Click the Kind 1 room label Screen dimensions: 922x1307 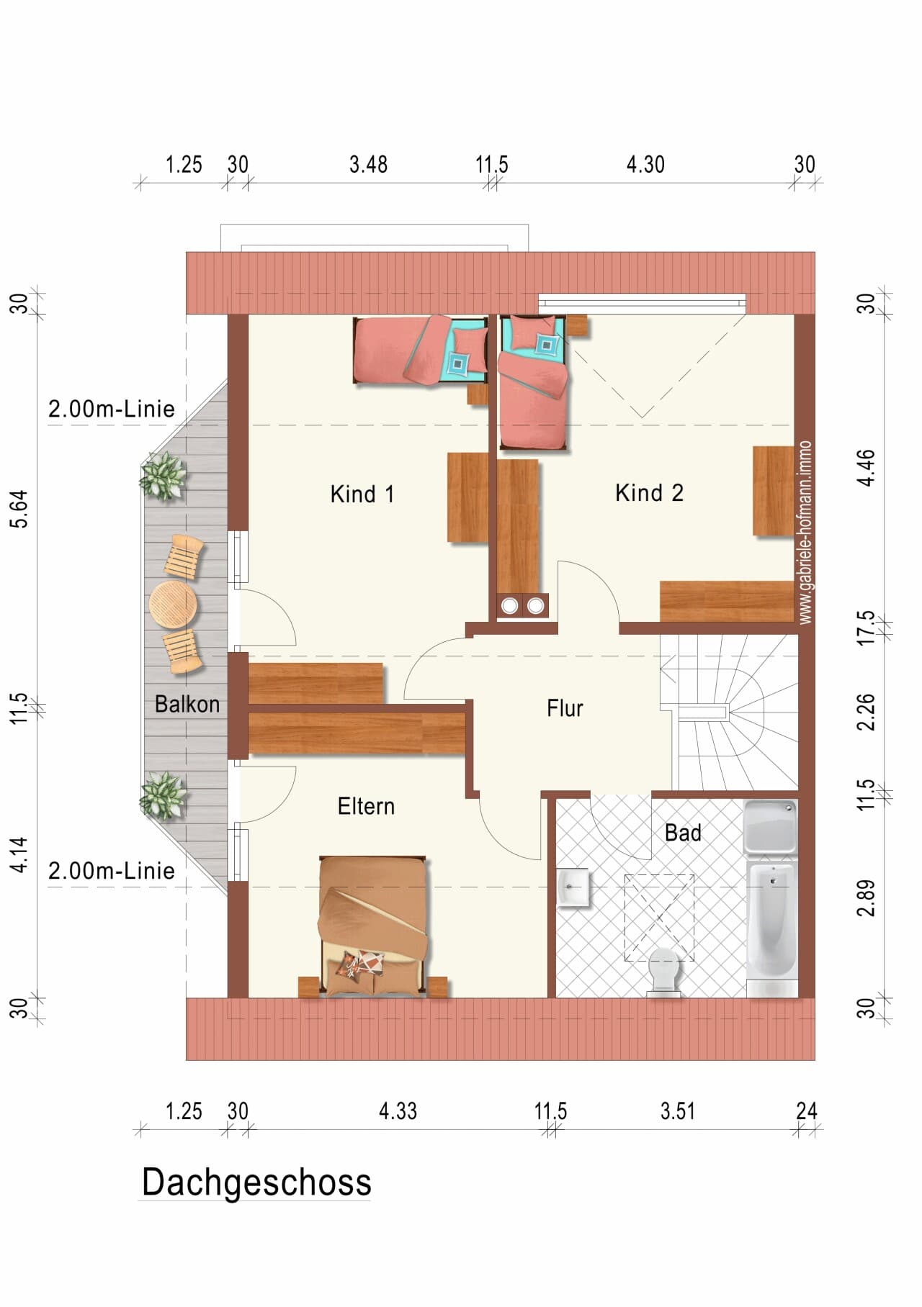point(362,494)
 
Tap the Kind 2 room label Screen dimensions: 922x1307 point(649,493)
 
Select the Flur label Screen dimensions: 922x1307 point(565,708)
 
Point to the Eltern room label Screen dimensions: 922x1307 point(366,806)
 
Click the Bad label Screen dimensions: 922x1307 point(683,833)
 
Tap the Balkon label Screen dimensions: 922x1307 point(187,704)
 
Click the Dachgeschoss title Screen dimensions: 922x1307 point(256,1182)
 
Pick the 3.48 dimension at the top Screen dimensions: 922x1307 point(368,165)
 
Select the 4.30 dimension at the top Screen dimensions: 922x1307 point(645,165)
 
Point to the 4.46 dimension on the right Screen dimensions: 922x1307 point(867,468)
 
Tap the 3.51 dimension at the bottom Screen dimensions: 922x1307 point(678,1111)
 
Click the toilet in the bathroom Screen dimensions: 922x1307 point(663,972)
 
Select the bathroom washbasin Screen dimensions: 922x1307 point(573,887)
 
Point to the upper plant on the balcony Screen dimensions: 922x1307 point(164,476)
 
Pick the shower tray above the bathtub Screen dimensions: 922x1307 point(770,827)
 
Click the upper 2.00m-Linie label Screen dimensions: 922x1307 point(112,409)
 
